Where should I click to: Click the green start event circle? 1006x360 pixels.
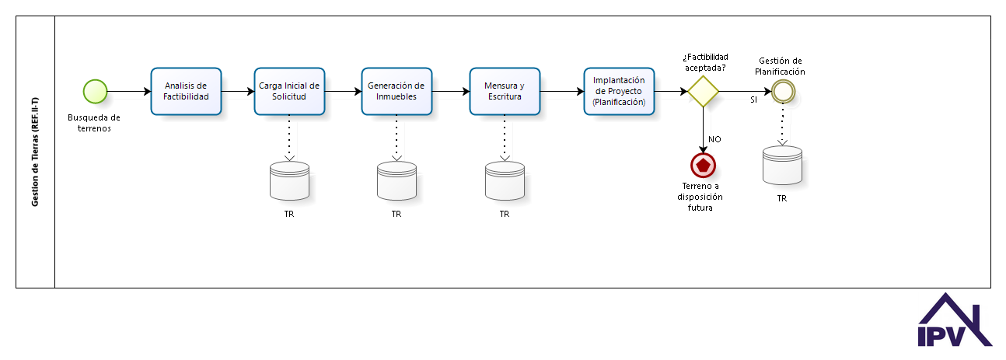[95, 91]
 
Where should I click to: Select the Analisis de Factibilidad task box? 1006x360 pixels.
[186, 91]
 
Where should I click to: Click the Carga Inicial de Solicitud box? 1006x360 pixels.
[289, 91]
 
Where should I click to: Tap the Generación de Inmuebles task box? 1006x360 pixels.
[396, 91]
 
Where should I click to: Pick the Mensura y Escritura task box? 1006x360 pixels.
[505, 91]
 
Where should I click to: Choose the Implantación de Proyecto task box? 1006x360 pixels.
[619, 91]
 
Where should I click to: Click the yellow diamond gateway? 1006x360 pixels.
[703, 91]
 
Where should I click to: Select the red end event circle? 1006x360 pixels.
[703, 166]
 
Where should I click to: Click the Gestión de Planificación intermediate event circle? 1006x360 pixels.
[783, 91]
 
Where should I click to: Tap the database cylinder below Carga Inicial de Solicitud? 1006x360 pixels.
[289, 180]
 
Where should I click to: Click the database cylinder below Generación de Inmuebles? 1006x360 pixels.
[396, 180]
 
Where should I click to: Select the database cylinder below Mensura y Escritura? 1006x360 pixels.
[505, 180]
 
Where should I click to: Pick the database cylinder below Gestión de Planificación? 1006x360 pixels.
[782, 166]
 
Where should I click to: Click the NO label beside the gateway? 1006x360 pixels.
[714, 139]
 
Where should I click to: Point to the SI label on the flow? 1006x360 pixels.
[753, 100]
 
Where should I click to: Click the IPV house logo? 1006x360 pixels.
[955, 320]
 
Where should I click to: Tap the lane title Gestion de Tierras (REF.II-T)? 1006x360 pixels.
[35, 152]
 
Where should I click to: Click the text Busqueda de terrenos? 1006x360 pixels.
[94, 123]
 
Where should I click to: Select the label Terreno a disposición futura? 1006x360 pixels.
[700, 197]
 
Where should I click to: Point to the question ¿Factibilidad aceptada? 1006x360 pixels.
[705, 62]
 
